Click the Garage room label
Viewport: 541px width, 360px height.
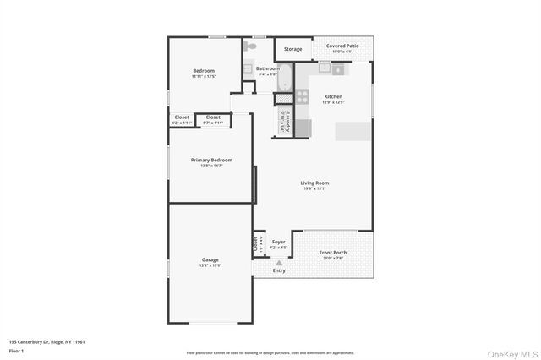tap(210, 259)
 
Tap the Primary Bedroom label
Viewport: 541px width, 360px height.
tap(210, 160)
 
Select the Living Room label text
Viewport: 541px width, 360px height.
tap(314, 183)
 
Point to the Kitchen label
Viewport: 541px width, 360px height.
tap(333, 97)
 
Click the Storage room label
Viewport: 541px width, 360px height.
tap(292, 49)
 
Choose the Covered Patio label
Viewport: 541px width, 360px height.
tap(342, 46)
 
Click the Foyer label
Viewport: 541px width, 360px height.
tap(278, 242)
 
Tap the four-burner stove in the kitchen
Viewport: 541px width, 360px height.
tap(302, 95)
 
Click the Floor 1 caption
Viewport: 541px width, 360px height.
tap(16, 350)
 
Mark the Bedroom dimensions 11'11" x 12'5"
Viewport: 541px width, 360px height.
tap(204, 76)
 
